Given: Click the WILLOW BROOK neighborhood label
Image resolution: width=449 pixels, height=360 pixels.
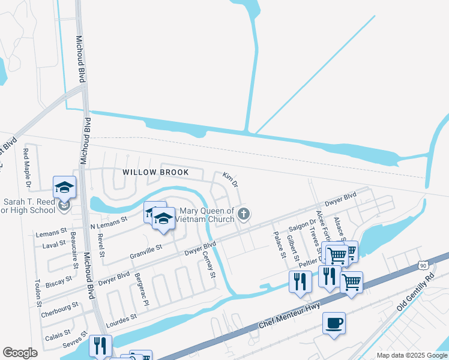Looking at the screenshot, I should pyautogui.click(x=155, y=172).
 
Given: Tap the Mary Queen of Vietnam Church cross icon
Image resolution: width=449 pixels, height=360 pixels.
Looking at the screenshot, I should pyautogui.click(x=244, y=214).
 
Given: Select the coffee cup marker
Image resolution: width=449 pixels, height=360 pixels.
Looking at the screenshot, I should pyautogui.click(x=334, y=324).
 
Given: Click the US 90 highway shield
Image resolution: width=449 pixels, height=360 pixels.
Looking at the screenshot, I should pyautogui.click(x=424, y=265).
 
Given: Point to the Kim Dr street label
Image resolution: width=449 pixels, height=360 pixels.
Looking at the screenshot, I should pyautogui.click(x=231, y=179).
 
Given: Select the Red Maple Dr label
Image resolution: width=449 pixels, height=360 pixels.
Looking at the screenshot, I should pyautogui.click(x=26, y=166).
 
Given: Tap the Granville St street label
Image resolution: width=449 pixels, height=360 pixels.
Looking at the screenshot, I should pyautogui.click(x=146, y=251).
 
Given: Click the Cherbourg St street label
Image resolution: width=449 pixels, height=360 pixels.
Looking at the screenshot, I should pyautogui.click(x=60, y=310).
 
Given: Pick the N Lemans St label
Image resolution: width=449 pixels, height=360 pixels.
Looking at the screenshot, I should pyautogui.click(x=109, y=222).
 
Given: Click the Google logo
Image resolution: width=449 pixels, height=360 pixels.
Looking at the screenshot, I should pyautogui.click(x=20, y=353).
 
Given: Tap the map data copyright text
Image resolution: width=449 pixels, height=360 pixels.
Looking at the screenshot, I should pyautogui.click(x=412, y=355).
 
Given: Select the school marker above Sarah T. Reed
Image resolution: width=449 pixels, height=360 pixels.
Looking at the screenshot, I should pyautogui.click(x=64, y=188).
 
